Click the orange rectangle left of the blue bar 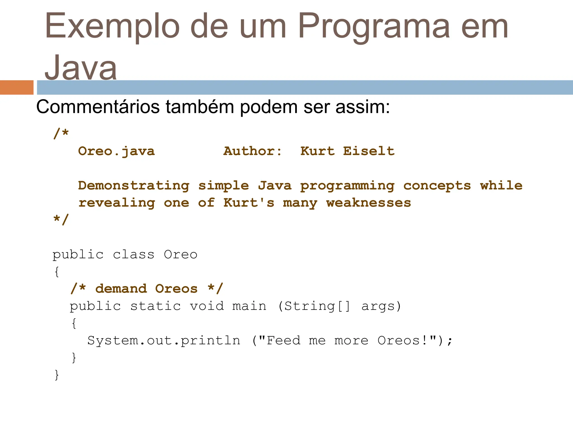pyautogui.click(x=17, y=87)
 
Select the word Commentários pyautogui.click(x=98, y=107)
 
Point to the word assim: pyautogui.click(x=363, y=107)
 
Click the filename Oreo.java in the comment pyautogui.click(x=116, y=151)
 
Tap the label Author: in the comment pyautogui.click(x=252, y=151)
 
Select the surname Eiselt pyautogui.click(x=369, y=151)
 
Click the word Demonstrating pyautogui.click(x=133, y=186)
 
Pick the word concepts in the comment pyautogui.click(x=437, y=186)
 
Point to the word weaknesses pyautogui.click(x=368, y=203)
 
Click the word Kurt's pyautogui.click(x=249, y=203)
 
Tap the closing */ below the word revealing pyautogui.click(x=61, y=219)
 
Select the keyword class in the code pyautogui.click(x=133, y=254)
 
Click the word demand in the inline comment pyautogui.click(x=121, y=289)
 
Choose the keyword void pyautogui.click(x=207, y=306)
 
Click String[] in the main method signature pyautogui.click(x=317, y=306)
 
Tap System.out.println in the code pyautogui.click(x=164, y=340)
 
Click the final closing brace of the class pyautogui.click(x=57, y=375)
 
